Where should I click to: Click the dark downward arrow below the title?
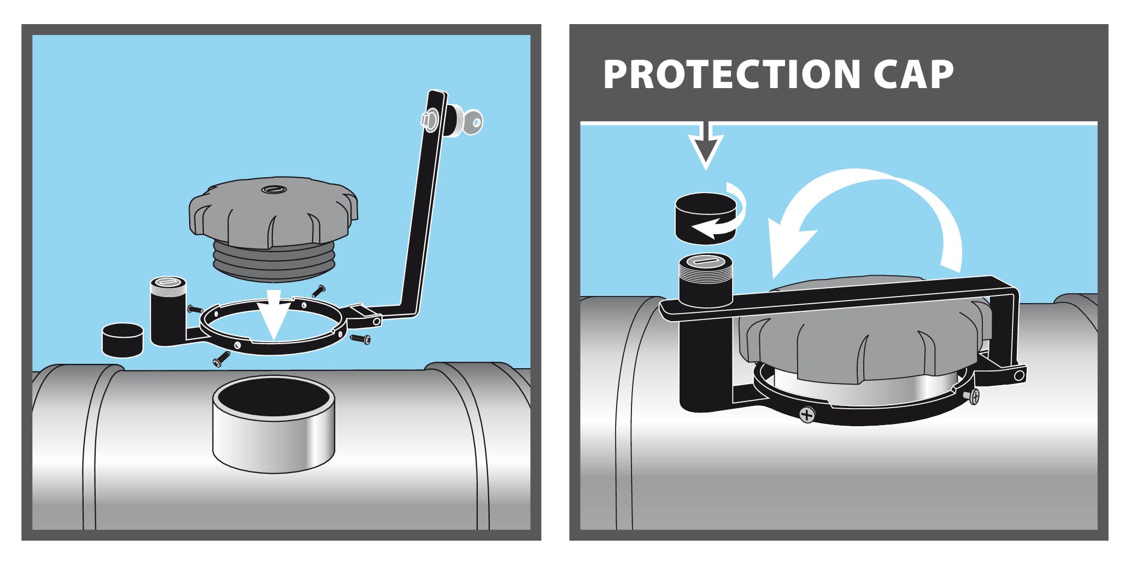click(706, 146)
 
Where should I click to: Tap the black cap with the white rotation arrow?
click(706, 218)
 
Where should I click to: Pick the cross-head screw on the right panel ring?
click(807, 414)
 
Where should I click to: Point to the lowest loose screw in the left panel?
click(221, 358)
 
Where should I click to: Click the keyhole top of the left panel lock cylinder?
click(167, 282)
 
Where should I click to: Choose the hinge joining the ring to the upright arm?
click(362, 315)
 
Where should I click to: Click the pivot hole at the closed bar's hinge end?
click(1018, 376)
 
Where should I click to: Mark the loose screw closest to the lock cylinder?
click(195, 309)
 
